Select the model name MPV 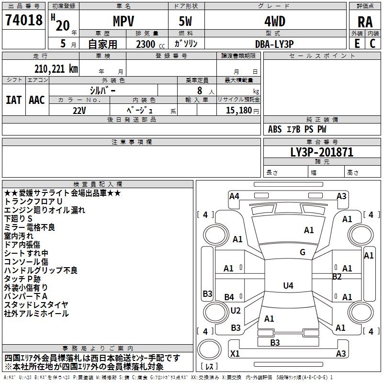tap(123, 22)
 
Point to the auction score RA tap(365, 22)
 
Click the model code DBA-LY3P tap(274, 43)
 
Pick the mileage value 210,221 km tap(56, 68)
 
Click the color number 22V tap(79, 110)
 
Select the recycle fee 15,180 tap(239, 110)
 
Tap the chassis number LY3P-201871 tap(322, 153)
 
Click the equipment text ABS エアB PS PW tap(297, 129)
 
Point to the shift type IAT tap(13, 100)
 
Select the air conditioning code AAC tap(36, 100)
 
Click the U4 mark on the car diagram tap(288, 286)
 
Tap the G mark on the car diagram tap(303, 252)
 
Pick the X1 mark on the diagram tap(235, 354)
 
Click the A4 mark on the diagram tap(234, 196)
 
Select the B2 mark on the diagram tap(337, 276)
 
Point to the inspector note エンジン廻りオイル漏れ tap(45, 210)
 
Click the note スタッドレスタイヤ tap(36, 304)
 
